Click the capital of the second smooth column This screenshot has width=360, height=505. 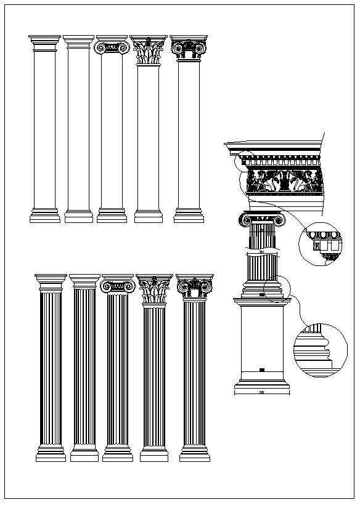coord(79,42)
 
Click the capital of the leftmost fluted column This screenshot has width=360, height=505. coord(51,283)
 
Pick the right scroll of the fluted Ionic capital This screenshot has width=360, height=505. coord(130,286)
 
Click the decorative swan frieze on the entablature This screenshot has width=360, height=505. coord(284,181)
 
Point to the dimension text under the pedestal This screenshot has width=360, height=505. coord(261,392)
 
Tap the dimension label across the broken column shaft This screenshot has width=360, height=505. coord(261,252)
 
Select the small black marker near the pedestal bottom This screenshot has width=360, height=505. coord(262,370)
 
